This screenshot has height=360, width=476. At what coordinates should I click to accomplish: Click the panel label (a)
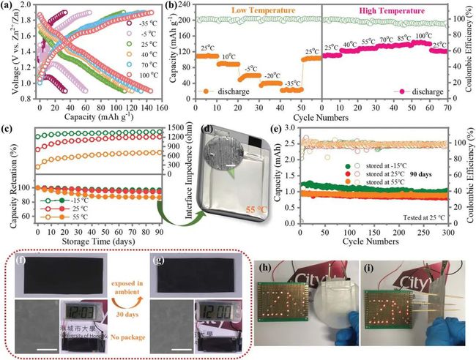11,7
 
